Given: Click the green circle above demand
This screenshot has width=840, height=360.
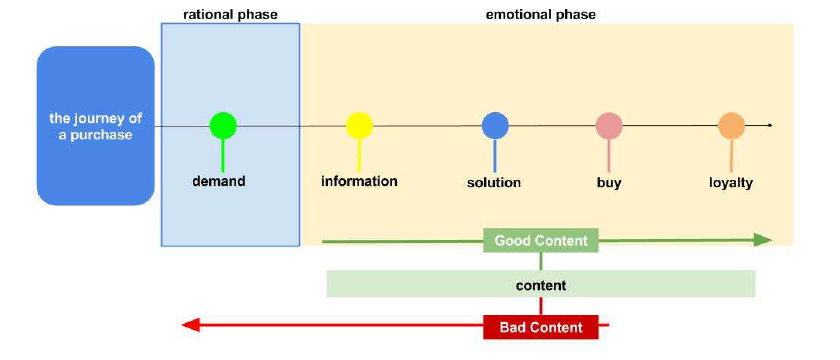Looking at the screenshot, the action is point(223,125).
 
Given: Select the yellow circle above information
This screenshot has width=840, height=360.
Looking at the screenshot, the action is point(359,125).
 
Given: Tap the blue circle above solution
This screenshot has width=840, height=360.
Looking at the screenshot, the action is point(495,126).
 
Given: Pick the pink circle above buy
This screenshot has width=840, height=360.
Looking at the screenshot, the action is point(609,126).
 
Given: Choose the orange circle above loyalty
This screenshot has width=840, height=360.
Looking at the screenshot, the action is point(732,126).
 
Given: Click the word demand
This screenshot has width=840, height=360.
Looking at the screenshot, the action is point(219,181).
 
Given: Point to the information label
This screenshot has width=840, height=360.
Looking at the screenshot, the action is point(359,181).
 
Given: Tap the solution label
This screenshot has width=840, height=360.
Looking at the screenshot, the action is point(494,183).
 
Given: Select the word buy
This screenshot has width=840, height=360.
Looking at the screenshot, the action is point(609,183).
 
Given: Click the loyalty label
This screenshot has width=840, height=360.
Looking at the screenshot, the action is point(731,183).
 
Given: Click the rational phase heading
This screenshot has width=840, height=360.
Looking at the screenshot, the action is point(230,14).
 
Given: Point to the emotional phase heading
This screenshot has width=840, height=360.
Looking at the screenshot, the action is point(541,14).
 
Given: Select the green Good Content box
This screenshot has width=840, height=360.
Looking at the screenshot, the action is point(541,241).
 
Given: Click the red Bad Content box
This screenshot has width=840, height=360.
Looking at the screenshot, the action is point(541,327).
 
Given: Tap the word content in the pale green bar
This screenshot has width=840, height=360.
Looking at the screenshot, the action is point(541,286).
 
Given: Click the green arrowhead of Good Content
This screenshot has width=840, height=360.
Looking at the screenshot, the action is point(763,240).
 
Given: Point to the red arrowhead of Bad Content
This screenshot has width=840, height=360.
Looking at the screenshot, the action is point(191,325).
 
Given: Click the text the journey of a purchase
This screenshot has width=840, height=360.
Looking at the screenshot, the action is point(96,126).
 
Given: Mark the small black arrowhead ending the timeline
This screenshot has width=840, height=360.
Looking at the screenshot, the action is point(770,125).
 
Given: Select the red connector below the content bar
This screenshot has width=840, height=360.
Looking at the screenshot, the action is point(541,306).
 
